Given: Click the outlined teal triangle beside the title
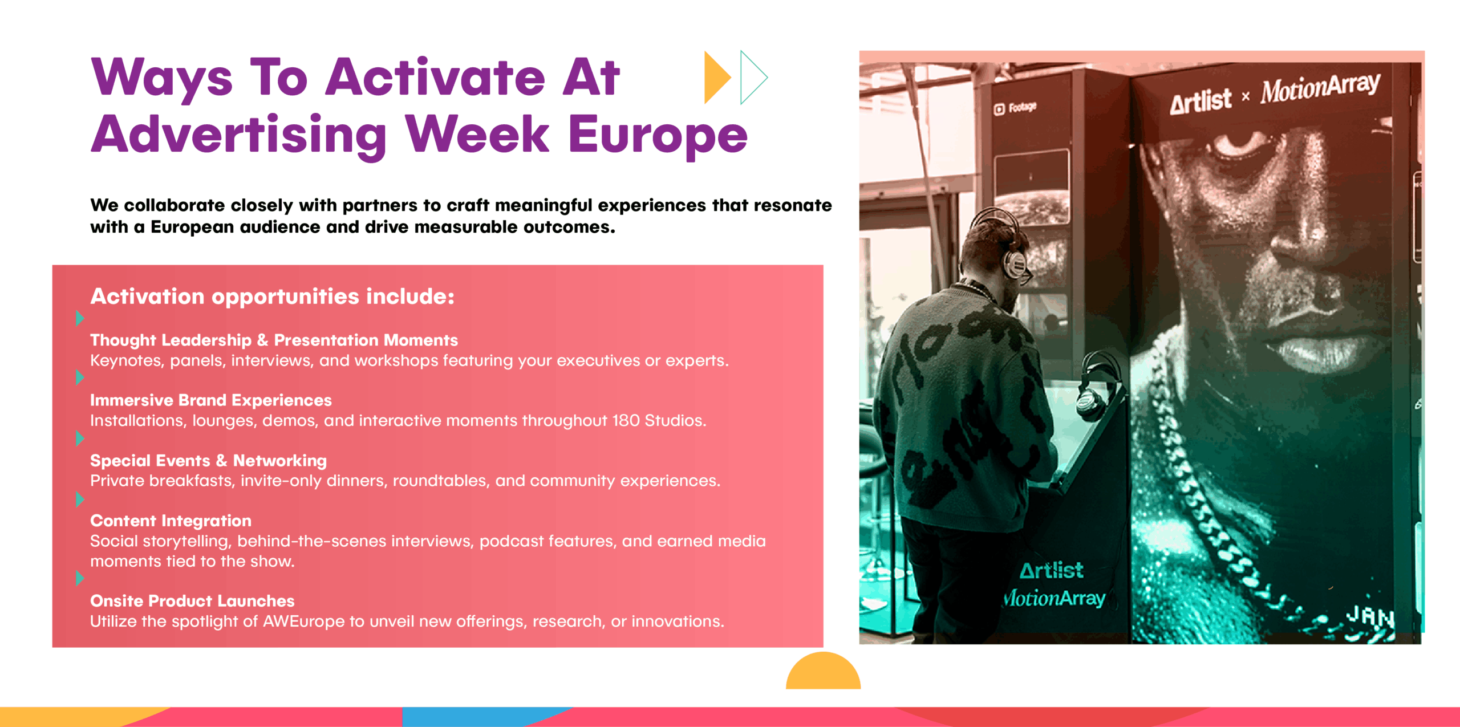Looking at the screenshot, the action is click(x=753, y=78).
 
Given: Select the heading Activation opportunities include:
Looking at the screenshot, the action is click(x=273, y=297).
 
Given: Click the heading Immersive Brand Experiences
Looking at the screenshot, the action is click(x=211, y=400).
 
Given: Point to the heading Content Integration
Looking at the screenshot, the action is click(x=171, y=521).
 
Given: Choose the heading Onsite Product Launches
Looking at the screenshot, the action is click(x=192, y=601).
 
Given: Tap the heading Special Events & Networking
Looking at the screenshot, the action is click(x=209, y=461).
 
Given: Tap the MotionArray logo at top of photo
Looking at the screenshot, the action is click(x=1320, y=88).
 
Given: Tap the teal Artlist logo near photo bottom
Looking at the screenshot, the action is click(x=1052, y=570).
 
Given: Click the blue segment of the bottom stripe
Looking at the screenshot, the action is click(x=485, y=717).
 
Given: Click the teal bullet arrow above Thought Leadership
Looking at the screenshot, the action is click(x=80, y=318).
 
